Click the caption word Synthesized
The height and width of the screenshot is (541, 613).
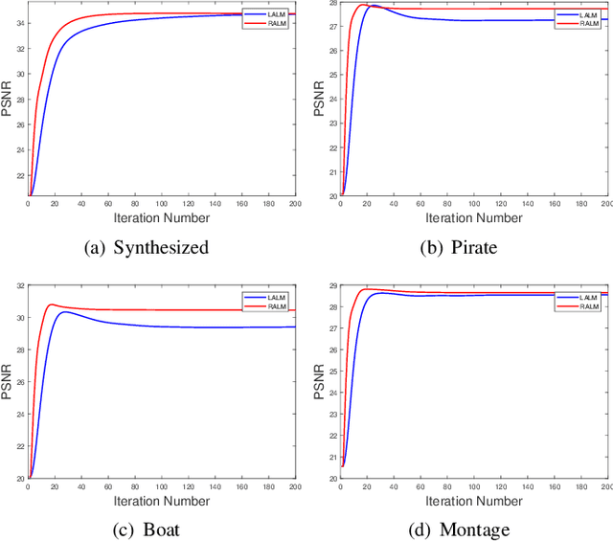coord(161,248)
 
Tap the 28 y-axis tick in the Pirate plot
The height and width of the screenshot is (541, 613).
coord(330,5)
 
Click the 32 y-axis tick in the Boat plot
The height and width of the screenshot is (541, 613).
coord(19,287)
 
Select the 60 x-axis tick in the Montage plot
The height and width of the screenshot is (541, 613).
coord(420,486)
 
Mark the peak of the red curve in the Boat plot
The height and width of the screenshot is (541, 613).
coord(50,304)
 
